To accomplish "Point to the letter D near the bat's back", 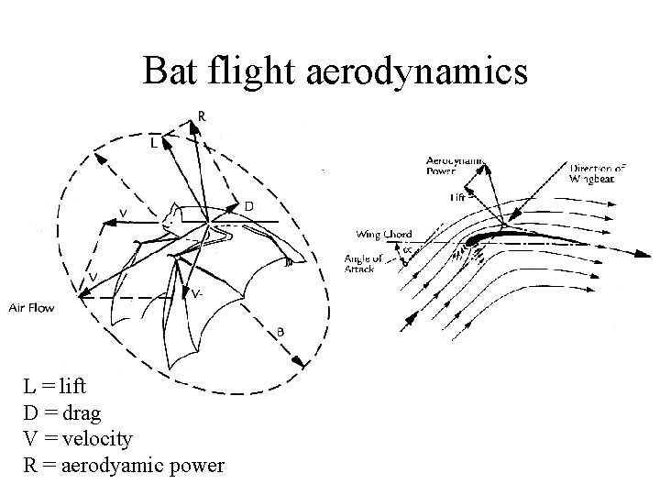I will (249, 207).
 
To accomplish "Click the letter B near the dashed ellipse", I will (280, 332).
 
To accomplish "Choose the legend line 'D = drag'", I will (61, 413).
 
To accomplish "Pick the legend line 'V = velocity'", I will (78, 439).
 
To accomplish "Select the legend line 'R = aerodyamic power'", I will (123, 466).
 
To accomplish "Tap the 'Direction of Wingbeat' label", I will (599, 173).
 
